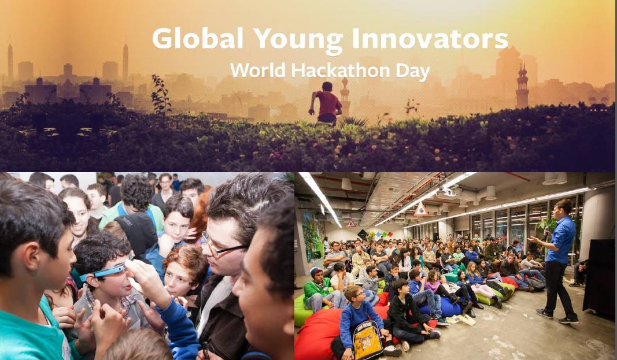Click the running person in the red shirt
[327, 103]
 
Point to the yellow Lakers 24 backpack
[368, 341]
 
